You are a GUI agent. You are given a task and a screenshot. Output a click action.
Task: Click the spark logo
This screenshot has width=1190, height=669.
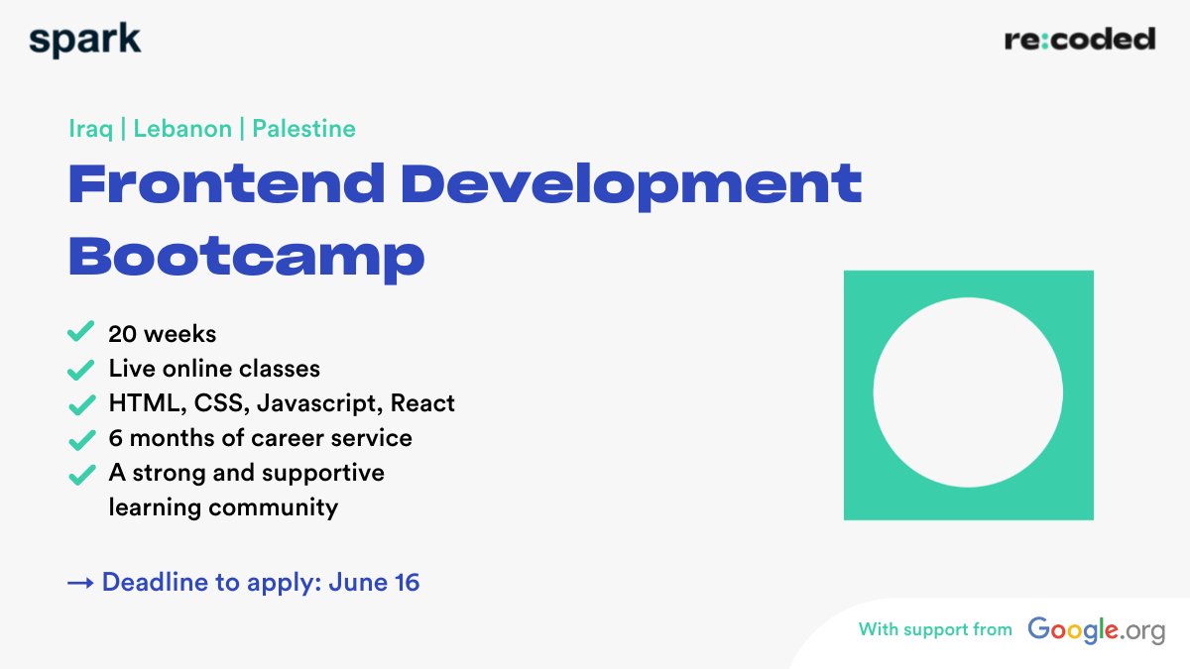[x=85, y=40]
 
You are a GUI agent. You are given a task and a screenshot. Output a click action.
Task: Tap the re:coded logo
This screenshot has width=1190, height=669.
[x=1080, y=40]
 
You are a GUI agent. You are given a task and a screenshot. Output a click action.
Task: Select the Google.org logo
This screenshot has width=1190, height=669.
[x=1096, y=629]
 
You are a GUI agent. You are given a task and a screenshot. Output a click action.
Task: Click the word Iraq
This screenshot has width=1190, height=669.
[x=90, y=129]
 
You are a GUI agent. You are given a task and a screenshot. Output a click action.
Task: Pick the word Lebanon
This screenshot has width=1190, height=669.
[x=182, y=129]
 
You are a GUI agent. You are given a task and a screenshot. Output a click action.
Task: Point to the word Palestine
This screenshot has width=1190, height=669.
[x=303, y=129]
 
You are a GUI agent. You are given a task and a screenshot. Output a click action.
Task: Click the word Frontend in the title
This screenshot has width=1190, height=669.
[x=226, y=184]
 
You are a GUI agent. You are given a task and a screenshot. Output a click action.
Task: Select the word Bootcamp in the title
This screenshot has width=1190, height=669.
[x=246, y=256]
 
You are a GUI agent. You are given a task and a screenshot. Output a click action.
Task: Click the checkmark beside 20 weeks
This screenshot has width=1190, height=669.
[x=80, y=333]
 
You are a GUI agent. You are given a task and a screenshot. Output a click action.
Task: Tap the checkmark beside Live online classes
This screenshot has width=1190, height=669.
[x=80, y=370]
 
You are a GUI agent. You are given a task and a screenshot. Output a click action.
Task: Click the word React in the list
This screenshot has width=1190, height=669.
[x=422, y=403]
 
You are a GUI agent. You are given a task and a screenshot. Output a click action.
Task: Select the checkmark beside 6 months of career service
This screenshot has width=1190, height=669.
[x=80, y=439]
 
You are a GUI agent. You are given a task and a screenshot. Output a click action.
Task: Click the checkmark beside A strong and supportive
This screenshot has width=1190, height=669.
[x=80, y=474]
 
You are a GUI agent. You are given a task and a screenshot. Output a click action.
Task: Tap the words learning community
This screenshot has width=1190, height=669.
[x=223, y=507]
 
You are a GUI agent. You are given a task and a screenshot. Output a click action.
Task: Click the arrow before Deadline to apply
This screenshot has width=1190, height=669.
[x=80, y=583]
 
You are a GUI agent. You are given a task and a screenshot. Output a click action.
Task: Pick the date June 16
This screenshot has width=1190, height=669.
[x=381, y=583]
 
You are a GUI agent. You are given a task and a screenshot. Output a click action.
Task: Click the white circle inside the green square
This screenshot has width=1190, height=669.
[x=968, y=392]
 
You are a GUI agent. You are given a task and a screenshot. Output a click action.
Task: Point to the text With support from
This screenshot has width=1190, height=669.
[x=935, y=629]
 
